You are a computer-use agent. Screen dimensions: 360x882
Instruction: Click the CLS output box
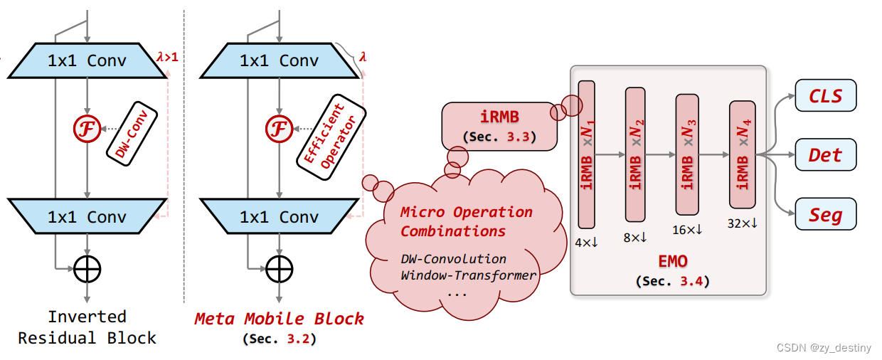pyautogui.click(x=825, y=96)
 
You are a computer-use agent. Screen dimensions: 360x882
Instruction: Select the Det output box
pyautogui.click(x=825, y=154)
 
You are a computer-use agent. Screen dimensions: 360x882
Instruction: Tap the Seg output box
pyautogui.click(x=825, y=214)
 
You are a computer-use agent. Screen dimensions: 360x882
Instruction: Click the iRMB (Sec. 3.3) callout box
pyautogui.click(x=499, y=126)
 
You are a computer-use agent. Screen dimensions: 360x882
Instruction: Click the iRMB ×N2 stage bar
pyautogui.click(x=635, y=154)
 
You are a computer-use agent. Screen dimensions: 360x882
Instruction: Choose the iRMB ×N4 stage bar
pyautogui.click(x=742, y=154)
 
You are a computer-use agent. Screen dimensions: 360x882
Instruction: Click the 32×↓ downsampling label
pyautogui.click(x=742, y=223)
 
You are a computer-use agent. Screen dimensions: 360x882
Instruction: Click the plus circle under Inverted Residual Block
pyautogui.click(x=87, y=269)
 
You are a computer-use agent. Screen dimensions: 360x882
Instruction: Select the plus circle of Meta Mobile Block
pyautogui.click(x=280, y=269)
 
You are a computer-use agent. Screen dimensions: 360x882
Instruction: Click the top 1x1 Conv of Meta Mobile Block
pyautogui.click(x=279, y=60)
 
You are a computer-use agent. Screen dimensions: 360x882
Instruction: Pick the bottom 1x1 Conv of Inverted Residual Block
pyautogui.click(x=87, y=216)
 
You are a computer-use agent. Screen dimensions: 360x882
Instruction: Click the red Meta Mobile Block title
pyautogui.click(x=280, y=319)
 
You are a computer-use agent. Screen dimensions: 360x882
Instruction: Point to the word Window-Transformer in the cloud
pyautogui.click(x=468, y=275)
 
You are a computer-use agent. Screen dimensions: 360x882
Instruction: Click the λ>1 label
pyautogui.click(x=167, y=55)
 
